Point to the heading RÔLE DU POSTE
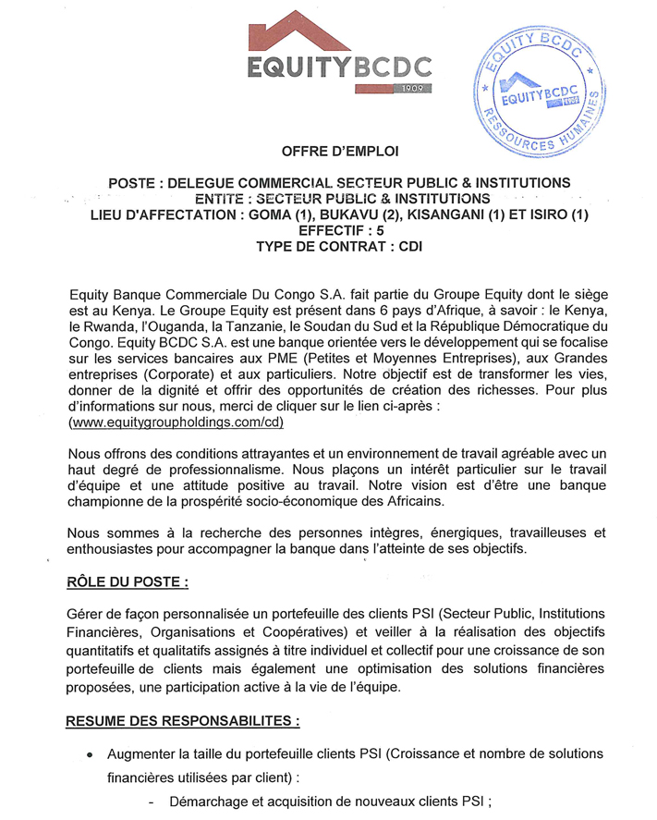128,582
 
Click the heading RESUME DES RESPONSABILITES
183,719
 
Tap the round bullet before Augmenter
90,755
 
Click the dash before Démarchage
150,802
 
